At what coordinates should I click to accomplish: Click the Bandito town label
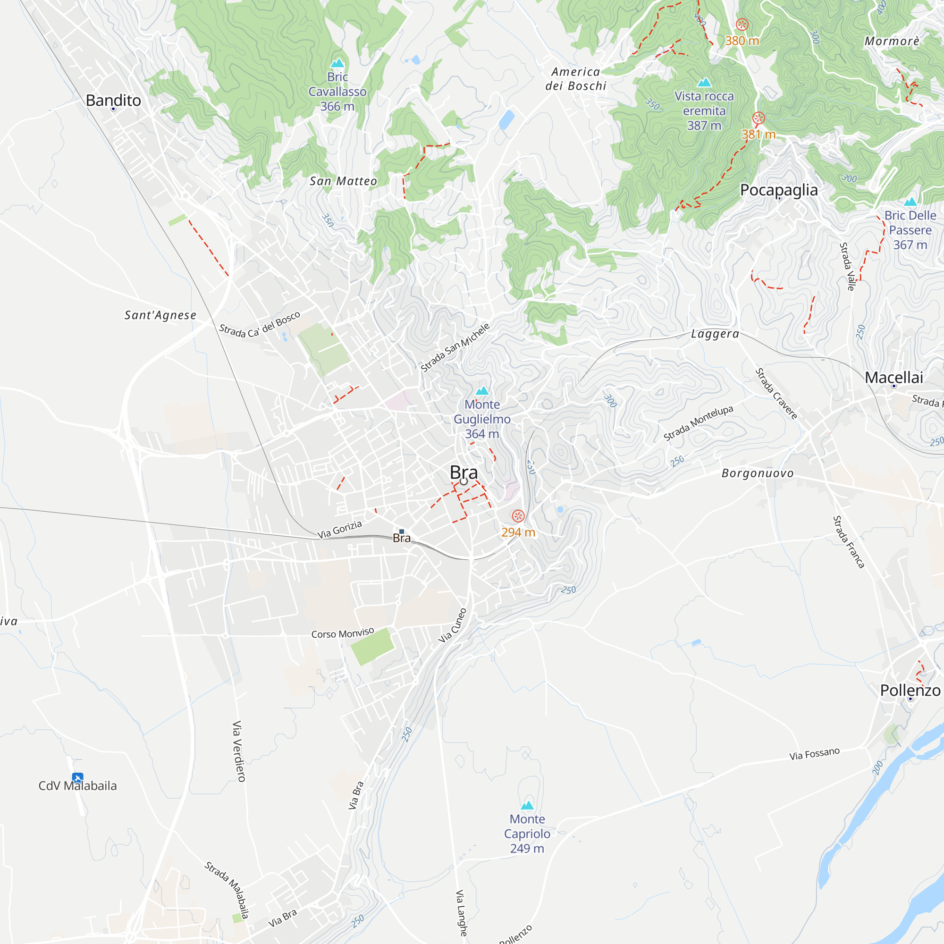113,100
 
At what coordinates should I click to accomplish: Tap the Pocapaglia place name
779,190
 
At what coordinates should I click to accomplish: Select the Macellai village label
893,377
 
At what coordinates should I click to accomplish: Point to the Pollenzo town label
910,691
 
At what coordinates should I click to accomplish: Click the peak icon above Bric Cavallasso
337,63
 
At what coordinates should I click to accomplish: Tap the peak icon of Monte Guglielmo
482,390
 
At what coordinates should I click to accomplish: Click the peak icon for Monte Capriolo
527,805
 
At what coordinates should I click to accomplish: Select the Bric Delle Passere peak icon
910,202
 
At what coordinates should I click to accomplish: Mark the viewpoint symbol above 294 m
518,516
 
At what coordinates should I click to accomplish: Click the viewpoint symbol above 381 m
759,118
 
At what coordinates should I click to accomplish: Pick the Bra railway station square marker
402,531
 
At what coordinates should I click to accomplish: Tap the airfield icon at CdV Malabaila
77,777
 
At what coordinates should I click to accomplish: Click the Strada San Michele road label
455,347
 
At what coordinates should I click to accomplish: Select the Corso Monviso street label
343,633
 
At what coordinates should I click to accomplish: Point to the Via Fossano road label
815,753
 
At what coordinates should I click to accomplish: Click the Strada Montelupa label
698,423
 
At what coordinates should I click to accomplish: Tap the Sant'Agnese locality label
160,315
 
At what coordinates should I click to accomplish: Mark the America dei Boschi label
575,79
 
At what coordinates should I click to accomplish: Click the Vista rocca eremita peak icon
704,82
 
